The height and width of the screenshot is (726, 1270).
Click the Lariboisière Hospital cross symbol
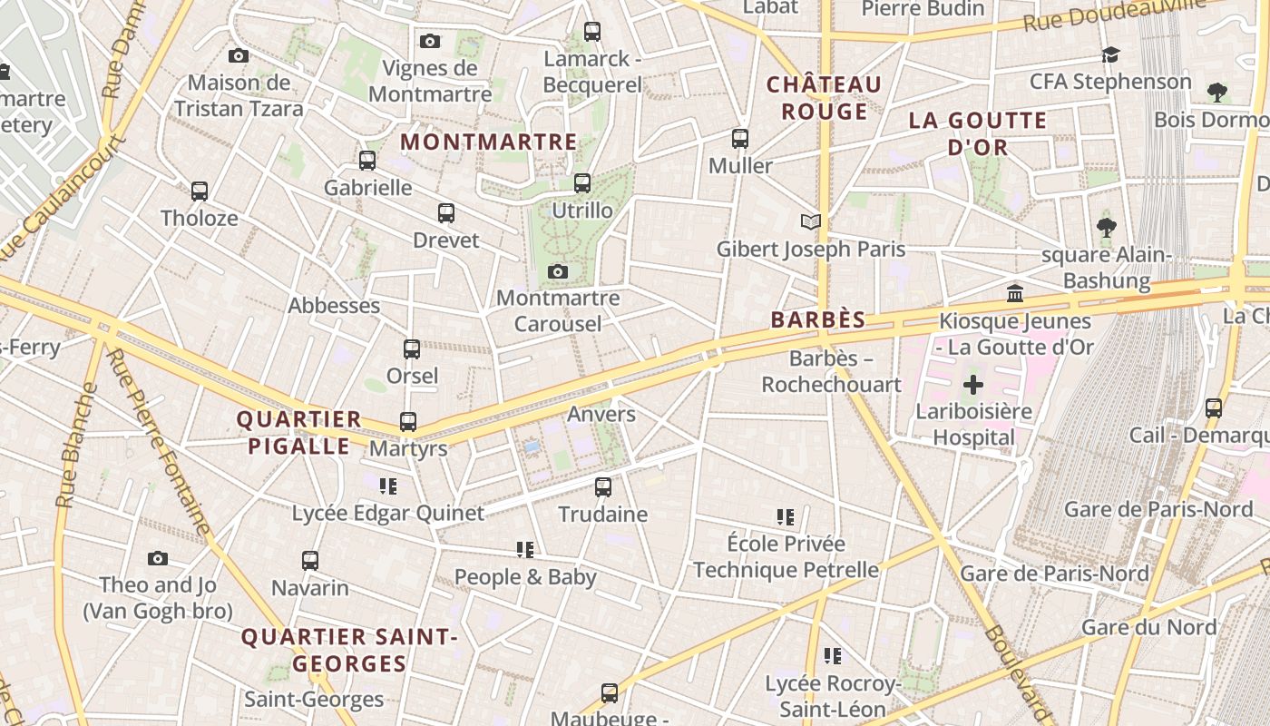[973, 385]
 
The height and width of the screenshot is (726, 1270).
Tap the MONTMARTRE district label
[489, 142]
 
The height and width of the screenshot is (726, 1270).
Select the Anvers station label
[601, 414]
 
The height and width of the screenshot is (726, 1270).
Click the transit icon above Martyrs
[408, 422]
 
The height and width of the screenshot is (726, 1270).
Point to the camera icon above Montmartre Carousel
[558, 271]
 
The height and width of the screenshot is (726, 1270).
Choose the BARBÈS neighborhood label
[818, 319]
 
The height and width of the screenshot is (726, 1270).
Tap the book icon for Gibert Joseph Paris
[811, 221]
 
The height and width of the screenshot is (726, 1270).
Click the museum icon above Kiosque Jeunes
[1015, 294]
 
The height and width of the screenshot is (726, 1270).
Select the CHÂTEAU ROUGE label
[824, 98]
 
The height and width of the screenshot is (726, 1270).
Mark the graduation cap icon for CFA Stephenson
[1110, 55]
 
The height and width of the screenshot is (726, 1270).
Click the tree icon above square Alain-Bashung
[1106, 227]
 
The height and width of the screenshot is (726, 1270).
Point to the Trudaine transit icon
[603, 487]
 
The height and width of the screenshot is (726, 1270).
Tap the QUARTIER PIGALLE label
[299, 433]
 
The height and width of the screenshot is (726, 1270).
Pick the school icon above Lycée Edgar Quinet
[388, 486]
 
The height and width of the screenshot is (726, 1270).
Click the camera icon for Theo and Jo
[158, 558]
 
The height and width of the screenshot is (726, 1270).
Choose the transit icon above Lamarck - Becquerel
[592, 32]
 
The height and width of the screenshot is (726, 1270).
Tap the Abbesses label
[334, 305]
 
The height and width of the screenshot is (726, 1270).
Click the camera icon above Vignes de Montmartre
[430, 41]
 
